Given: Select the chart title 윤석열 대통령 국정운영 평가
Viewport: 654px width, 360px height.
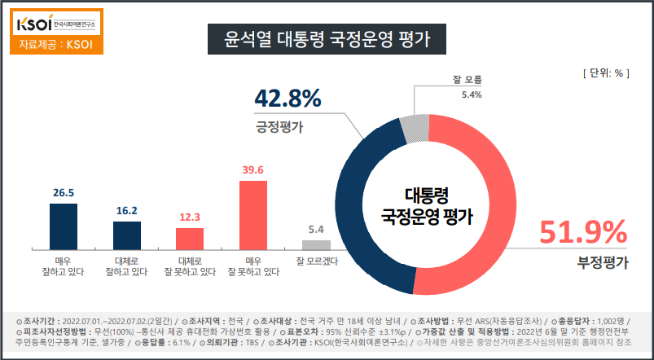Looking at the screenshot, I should (x=327, y=38).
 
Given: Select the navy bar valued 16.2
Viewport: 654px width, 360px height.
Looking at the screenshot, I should (x=127, y=235).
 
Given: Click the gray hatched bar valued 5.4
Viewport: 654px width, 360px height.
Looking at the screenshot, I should (x=316, y=245).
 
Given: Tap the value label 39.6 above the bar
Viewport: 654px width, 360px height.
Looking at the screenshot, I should (x=252, y=170).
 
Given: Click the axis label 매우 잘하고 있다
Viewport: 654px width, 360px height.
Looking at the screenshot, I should (x=64, y=266).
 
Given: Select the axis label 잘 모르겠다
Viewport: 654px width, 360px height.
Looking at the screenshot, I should (x=316, y=261).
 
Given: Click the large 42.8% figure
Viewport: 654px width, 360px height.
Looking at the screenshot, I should (x=287, y=99).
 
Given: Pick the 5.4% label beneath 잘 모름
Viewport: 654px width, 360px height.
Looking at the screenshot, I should (x=472, y=94).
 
